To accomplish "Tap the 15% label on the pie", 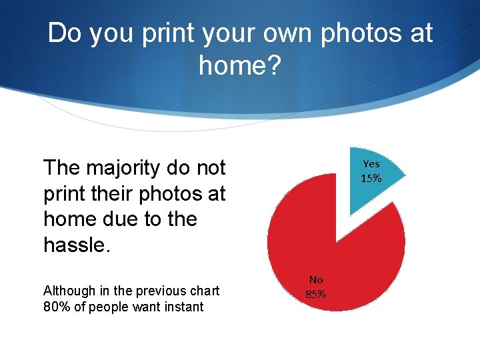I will [x=371, y=179].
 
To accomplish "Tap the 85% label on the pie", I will [x=316, y=294].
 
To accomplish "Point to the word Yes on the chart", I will [x=371, y=164].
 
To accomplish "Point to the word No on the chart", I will [x=316, y=280].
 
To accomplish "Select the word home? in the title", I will [x=240, y=65].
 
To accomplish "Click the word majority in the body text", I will [x=134, y=167].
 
